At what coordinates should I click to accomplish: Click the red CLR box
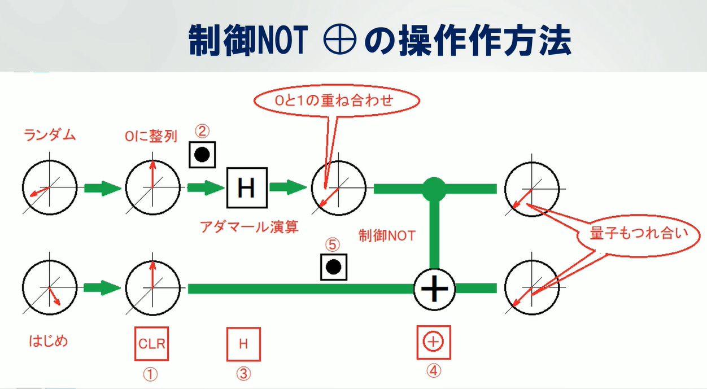coord(152,343)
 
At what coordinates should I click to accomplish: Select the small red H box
coord(243,343)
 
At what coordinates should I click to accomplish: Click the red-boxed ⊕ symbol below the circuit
coord(434,342)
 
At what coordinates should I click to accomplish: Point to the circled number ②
coord(202,132)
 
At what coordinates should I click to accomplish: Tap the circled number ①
coord(151,374)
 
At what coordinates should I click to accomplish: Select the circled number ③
coord(244,374)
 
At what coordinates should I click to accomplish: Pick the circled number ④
coord(434,371)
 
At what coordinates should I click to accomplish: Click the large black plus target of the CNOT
coord(434,288)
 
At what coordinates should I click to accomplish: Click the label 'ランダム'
coord(50,135)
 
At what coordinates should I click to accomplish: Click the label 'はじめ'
coord(48,340)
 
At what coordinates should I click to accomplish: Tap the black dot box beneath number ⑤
coord(333,267)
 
